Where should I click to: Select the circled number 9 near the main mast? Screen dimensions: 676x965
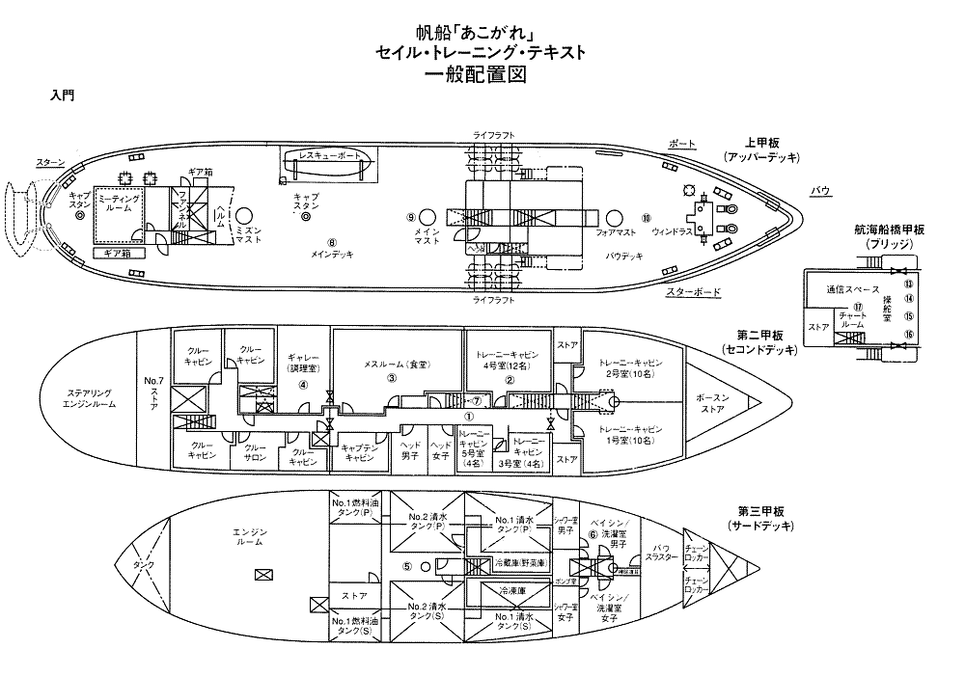tap(410, 217)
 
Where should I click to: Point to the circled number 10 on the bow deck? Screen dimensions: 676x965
tap(647, 217)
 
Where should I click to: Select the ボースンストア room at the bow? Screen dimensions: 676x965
tap(715, 402)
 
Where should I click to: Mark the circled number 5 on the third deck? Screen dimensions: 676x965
tap(407, 566)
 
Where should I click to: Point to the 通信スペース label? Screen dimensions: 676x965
tap(852, 289)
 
